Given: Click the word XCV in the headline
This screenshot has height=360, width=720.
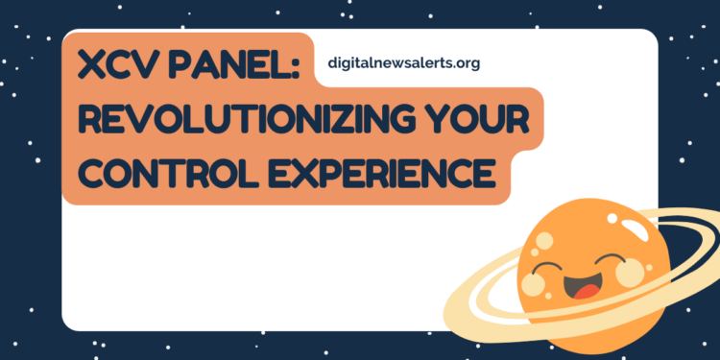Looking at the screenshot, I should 119,66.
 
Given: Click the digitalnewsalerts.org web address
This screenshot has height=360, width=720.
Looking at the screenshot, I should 403,63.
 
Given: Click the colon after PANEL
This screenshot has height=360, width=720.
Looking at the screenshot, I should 294,67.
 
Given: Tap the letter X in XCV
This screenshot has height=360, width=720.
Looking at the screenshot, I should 92,66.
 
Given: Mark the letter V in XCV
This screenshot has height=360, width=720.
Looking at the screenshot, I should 148,66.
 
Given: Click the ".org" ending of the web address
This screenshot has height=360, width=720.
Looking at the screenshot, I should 465,63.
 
